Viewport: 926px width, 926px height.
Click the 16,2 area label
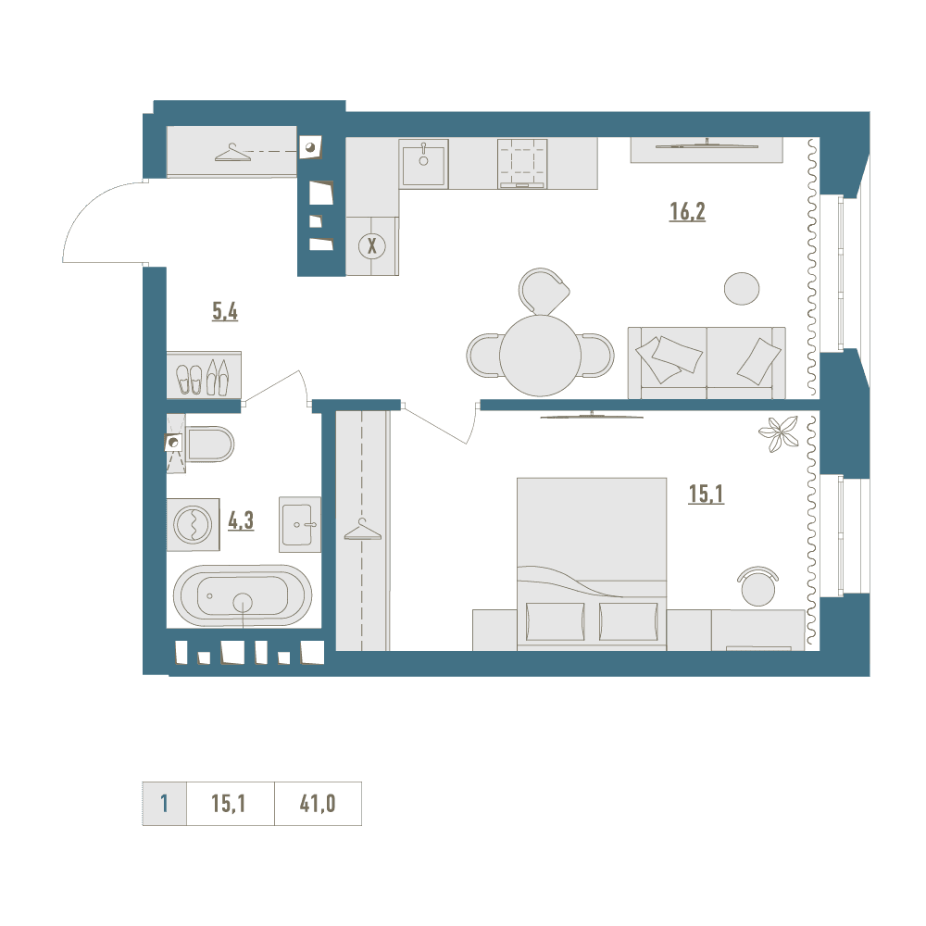coord(687,211)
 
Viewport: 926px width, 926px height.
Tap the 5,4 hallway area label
coord(225,310)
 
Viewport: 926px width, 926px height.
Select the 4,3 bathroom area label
coord(241,520)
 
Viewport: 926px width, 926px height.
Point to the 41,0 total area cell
coord(318,803)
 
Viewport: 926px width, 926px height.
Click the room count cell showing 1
coord(164,803)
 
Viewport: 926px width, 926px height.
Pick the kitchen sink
coord(423,164)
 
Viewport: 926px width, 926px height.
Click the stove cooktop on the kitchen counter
coord(522,164)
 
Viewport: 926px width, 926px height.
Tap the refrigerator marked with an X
coord(372,245)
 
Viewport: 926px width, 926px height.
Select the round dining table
coord(540,356)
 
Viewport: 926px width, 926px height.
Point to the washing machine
coord(194,524)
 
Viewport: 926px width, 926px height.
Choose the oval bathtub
coord(243,595)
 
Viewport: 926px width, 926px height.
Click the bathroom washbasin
coord(300,524)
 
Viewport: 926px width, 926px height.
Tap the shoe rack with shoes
coord(204,376)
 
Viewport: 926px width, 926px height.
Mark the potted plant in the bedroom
coord(780,432)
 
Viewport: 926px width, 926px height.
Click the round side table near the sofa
coord(742,289)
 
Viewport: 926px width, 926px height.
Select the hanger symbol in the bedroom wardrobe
coord(363,530)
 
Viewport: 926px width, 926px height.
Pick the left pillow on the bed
coord(555,621)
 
